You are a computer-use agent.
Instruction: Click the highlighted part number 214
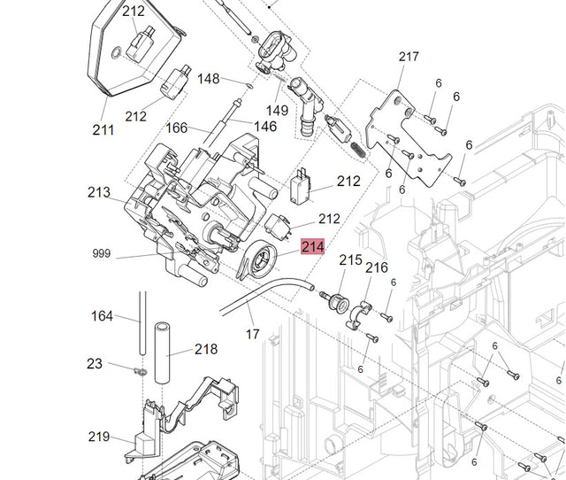coord(313,247)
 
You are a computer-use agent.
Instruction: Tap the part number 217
coord(409,57)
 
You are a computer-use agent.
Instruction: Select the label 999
coord(102,254)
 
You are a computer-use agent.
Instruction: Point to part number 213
coord(99,192)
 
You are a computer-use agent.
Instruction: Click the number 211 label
coord(103,130)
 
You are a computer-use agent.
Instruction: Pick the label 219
coord(99,437)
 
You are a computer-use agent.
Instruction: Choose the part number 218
coord(206,349)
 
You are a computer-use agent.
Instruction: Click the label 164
coord(103,316)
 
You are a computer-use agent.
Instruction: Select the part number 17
coord(252,334)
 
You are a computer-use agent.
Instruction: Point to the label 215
coord(351,260)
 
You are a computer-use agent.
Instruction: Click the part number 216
coord(377,267)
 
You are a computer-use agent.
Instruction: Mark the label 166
coord(177,128)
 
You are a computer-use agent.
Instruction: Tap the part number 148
coord(208,79)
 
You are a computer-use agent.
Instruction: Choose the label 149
coord(277,111)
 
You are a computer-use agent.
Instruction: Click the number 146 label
coord(265,127)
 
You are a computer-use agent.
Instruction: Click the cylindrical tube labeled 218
coord(162,352)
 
